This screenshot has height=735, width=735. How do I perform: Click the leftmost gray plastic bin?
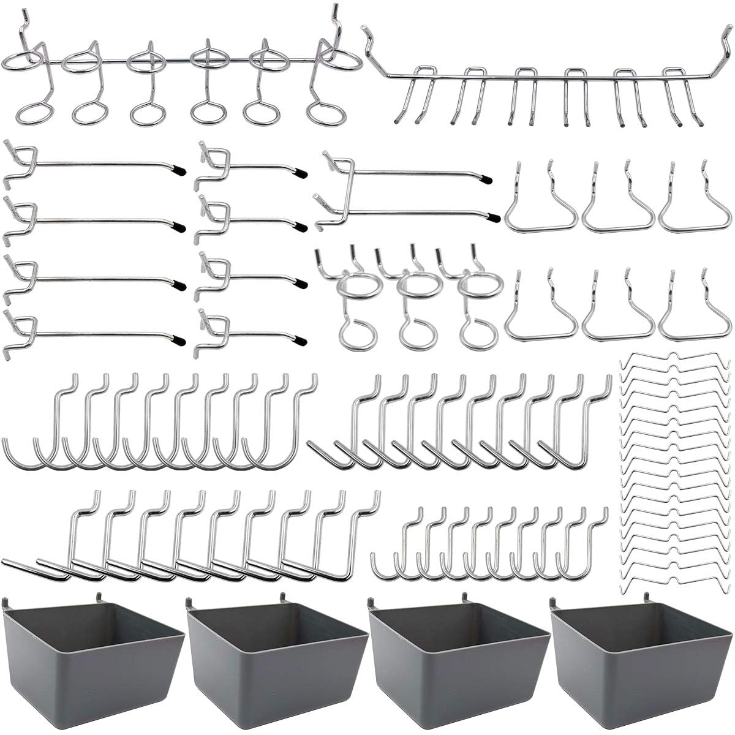[x=92, y=655]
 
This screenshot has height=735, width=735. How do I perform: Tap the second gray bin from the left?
[x=276, y=655]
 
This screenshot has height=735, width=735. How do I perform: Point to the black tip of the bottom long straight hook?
[x=178, y=337]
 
